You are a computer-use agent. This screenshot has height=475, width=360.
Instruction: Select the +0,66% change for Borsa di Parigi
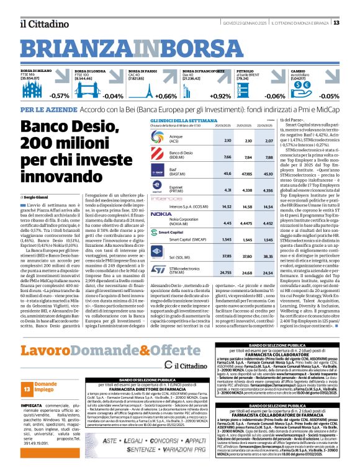(x=166, y=96)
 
